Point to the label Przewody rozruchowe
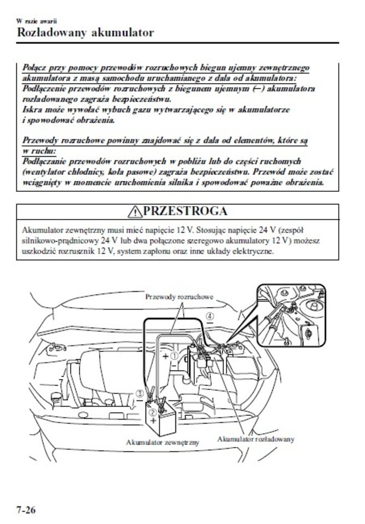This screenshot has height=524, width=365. pyautogui.click(x=178, y=297)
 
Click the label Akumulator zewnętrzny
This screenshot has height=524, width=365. pyautogui.click(x=162, y=441)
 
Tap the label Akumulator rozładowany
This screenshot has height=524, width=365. pyautogui.click(x=256, y=439)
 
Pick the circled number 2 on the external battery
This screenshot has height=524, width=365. pyautogui.click(x=154, y=413)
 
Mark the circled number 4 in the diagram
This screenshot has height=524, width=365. pyautogui.click(x=210, y=316)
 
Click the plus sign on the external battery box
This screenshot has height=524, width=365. pyautogui.click(x=154, y=421)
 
